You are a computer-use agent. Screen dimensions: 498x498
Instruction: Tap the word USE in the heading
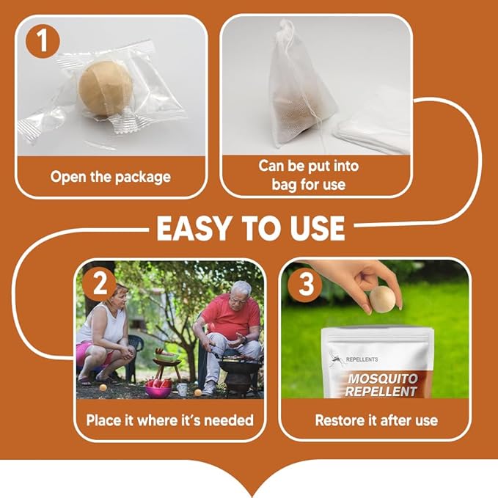tap(312, 228)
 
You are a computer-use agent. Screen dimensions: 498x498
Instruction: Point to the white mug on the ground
tap(182, 389)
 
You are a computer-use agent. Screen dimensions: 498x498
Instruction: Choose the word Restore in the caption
tap(339, 420)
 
